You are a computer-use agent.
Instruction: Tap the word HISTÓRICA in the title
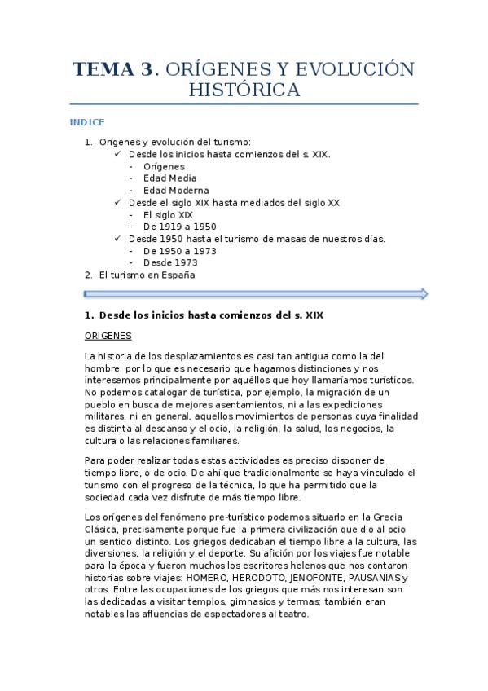coord(244,90)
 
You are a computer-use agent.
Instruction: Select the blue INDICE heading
coord(86,122)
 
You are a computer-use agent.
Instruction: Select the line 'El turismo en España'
coord(147,275)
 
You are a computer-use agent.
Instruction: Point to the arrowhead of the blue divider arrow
coord(422,293)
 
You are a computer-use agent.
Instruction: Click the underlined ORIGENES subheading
coord(108,336)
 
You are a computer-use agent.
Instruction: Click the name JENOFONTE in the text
coord(311,578)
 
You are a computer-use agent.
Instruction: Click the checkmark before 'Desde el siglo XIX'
coord(118,203)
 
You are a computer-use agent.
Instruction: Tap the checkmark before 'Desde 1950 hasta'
coord(118,239)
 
